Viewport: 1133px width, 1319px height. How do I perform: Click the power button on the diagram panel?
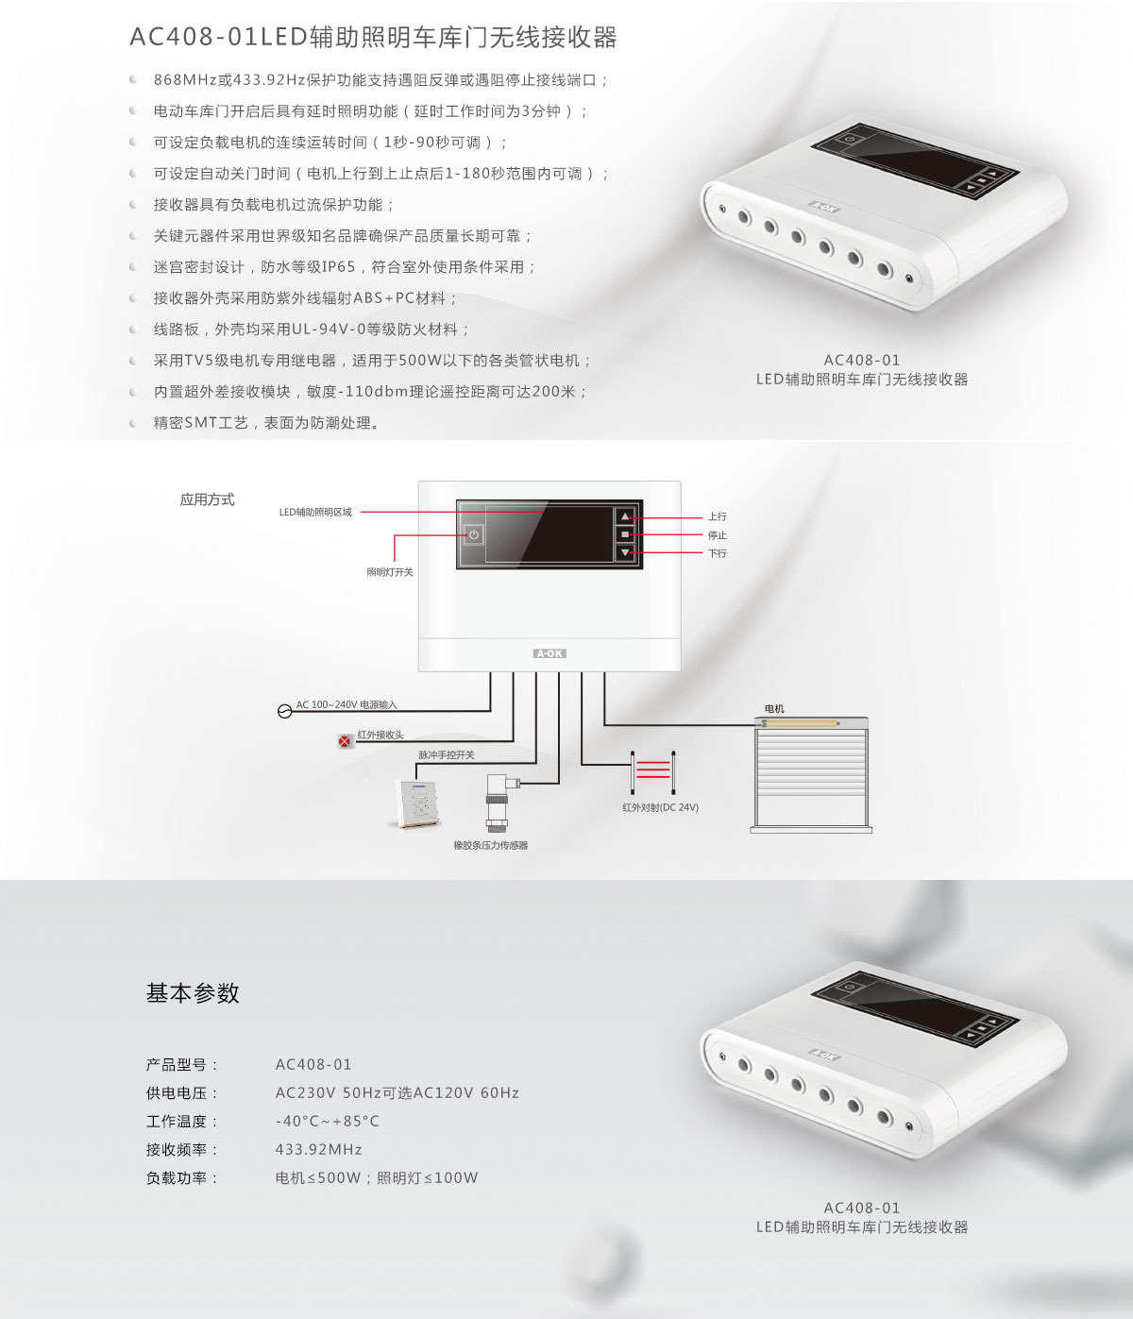(x=474, y=534)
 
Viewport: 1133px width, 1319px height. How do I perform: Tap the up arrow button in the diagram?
(x=625, y=516)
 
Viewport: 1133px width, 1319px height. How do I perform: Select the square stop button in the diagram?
(x=625, y=534)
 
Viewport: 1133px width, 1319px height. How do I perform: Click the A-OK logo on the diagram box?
(x=550, y=653)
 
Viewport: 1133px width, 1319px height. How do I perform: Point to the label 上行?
(x=717, y=516)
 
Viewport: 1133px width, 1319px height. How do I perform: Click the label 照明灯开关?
(x=389, y=572)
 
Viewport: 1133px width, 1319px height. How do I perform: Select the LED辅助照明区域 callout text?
(x=315, y=512)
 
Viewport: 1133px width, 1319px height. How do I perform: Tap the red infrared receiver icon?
(x=345, y=741)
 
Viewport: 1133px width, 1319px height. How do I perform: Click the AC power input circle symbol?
(x=285, y=711)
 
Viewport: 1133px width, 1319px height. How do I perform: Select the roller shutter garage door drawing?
(x=811, y=775)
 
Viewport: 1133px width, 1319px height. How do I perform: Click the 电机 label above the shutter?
(x=774, y=708)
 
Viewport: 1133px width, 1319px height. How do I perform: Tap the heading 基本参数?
(x=192, y=993)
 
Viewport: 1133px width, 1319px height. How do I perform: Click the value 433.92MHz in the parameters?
(x=318, y=1149)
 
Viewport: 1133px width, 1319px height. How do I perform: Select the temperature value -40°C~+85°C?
(x=327, y=1121)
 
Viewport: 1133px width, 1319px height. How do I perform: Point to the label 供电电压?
(x=182, y=1093)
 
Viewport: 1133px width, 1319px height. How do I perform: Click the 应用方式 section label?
(x=207, y=499)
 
